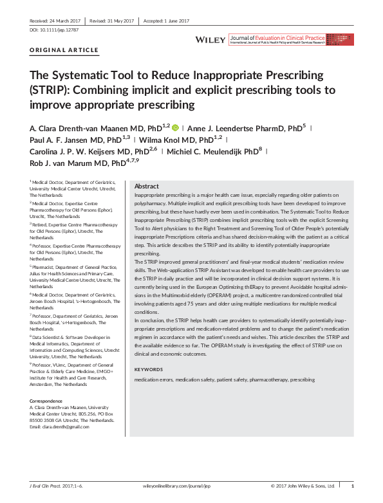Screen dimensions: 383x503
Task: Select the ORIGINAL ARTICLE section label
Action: tap(64, 50)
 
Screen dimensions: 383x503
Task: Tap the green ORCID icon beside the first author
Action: tap(175, 127)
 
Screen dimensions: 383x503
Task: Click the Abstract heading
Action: tap(147, 186)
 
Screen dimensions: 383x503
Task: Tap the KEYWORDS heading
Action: tap(150, 370)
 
